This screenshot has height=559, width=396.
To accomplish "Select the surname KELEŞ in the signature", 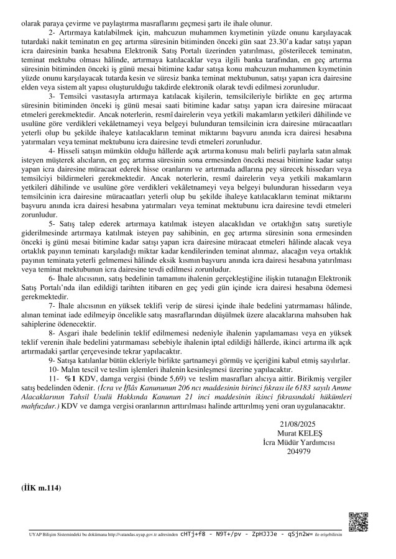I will [311, 433].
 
